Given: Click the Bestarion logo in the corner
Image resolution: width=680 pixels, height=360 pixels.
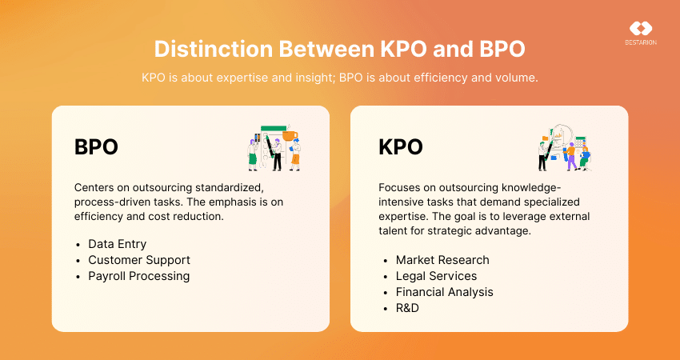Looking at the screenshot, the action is click(641, 34).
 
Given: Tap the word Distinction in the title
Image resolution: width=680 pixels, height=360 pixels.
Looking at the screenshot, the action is click(213, 50).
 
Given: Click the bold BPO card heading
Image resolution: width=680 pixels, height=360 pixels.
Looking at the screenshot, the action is click(96, 147).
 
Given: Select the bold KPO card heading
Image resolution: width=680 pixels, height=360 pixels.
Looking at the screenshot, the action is click(400, 147).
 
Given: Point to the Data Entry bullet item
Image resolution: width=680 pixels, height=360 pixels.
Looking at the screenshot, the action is click(117, 244).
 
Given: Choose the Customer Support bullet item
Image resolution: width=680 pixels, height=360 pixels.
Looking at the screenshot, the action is click(138, 260).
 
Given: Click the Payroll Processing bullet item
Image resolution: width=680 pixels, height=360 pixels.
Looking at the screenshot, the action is click(138, 276).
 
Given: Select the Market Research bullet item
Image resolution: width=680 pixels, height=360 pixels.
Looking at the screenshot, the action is click(442, 260).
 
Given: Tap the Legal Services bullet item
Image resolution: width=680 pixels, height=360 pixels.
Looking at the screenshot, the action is click(436, 276).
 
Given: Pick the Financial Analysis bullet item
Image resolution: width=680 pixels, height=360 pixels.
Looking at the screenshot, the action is click(444, 292).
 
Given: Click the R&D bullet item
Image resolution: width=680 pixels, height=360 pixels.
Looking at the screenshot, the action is click(406, 308).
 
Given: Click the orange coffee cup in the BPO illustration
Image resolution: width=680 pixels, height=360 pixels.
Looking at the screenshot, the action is click(290, 135).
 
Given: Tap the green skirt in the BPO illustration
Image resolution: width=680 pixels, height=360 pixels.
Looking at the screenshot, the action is click(252, 160).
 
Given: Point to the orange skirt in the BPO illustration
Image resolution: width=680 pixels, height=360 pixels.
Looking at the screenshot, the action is click(295, 158).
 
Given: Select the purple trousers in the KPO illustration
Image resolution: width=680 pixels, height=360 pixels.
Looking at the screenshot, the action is click(572, 162).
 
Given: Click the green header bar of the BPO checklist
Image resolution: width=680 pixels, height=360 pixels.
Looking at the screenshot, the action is click(274, 128).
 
